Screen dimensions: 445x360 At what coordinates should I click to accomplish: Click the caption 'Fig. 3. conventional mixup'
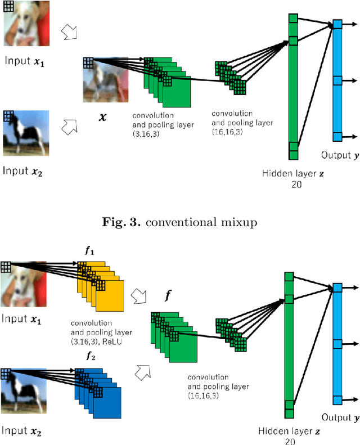tap(179, 222)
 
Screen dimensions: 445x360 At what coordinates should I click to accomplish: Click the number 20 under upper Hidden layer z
tap(292, 184)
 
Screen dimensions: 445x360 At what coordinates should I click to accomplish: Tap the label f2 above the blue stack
tap(91, 356)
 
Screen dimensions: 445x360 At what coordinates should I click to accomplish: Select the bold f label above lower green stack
tap(167, 294)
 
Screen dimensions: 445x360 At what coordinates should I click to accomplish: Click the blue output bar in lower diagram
tap(337, 343)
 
